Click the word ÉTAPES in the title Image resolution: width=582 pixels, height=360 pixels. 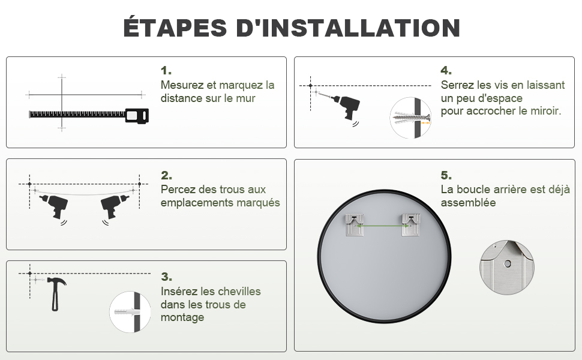click(x=175, y=27)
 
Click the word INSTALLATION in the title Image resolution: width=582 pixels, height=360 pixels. click(x=361, y=28)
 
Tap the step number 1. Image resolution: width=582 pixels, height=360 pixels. click(x=166, y=70)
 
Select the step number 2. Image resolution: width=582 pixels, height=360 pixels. click(x=166, y=175)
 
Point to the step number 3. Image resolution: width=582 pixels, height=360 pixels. click(x=166, y=277)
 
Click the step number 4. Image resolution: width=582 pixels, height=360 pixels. click(x=446, y=70)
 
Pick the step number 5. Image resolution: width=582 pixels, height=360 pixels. click(x=446, y=175)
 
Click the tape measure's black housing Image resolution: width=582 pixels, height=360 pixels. click(x=137, y=115)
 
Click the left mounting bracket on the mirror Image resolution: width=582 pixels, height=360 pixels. click(x=355, y=224)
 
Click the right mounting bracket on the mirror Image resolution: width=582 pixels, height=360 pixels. click(x=411, y=224)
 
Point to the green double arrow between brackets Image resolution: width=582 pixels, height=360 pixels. click(x=383, y=225)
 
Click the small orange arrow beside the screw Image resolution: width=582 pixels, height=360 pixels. click(x=426, y=122)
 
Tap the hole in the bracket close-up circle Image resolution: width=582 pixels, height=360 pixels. click(x=507, y=264)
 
